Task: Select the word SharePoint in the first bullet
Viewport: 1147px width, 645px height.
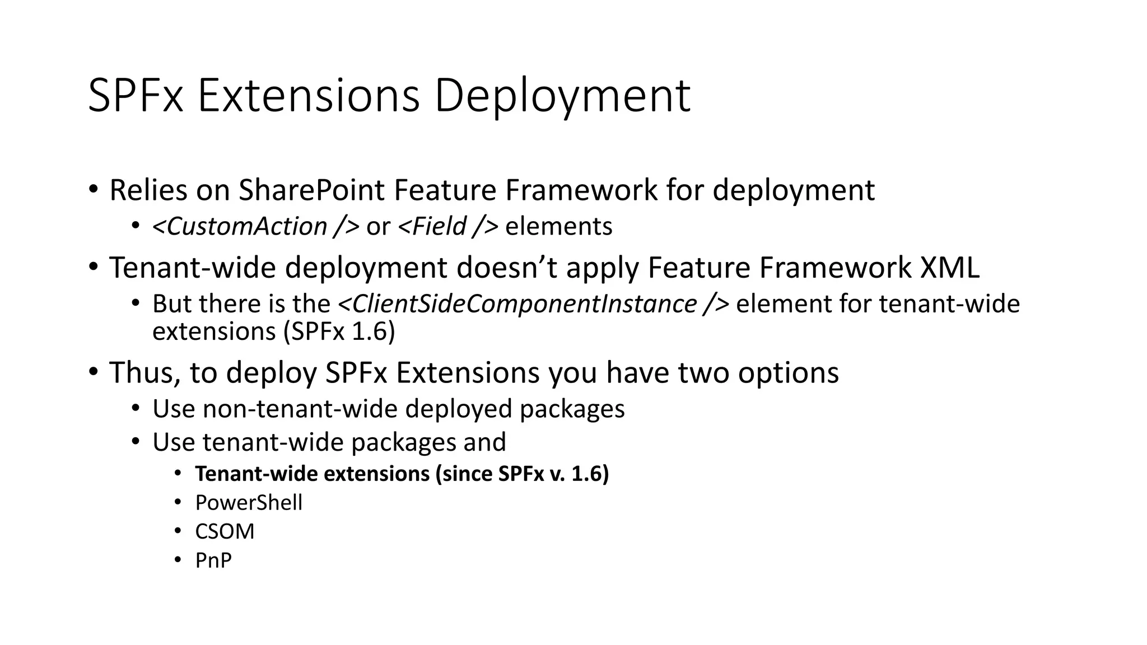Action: (x=311, y=190)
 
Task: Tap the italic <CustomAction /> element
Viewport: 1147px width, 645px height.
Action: (x=255, y=227)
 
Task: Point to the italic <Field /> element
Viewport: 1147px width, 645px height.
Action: (x=447, y=227)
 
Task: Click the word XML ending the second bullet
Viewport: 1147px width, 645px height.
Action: (x=950, y=267)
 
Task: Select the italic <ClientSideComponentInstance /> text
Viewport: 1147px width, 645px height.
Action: (x=533, y=304)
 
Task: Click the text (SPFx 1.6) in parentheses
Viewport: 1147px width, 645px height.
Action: (x=339, y=331)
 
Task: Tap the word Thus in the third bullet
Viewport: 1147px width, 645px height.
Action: (x=144, y=372)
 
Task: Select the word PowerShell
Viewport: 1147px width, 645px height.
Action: (x=249, y=503)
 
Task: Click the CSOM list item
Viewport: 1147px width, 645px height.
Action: (x=225, y=531)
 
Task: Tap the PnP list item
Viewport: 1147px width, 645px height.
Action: (x=213, y=560)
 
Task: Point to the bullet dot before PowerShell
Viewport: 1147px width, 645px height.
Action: (x=178, y=502)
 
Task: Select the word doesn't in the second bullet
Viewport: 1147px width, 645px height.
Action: (x=507, y=267)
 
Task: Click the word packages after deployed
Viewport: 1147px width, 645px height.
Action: (x=572, y=409)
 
